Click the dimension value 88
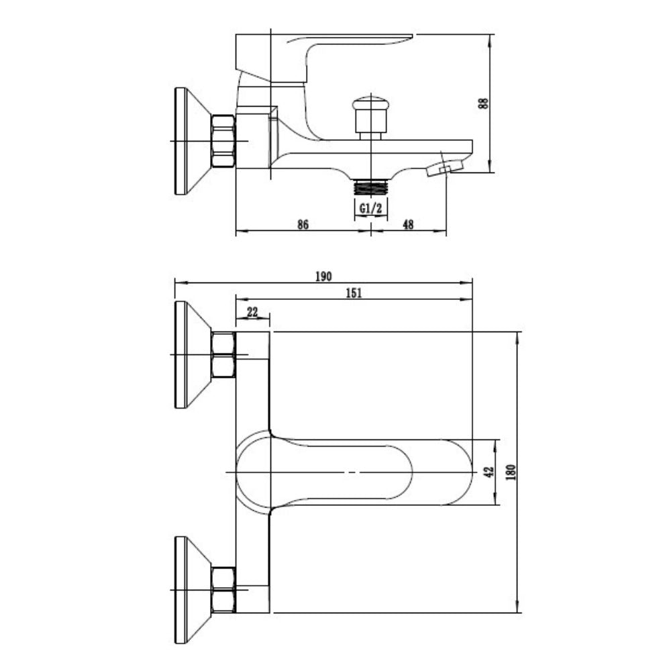point(483,103)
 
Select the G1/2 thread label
point(370,209)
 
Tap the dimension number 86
point(303,224)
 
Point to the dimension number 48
point(408,224)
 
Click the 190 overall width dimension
point(323,276)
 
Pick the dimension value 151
point(354,293)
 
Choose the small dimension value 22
point(252,312)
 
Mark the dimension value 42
point(488,472)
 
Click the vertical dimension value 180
point(511,472)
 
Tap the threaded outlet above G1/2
point(370,188)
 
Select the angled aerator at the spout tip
point(445,168)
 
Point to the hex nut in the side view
point(223,141)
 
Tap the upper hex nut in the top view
point(223,355)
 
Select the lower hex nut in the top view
point(223,590)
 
